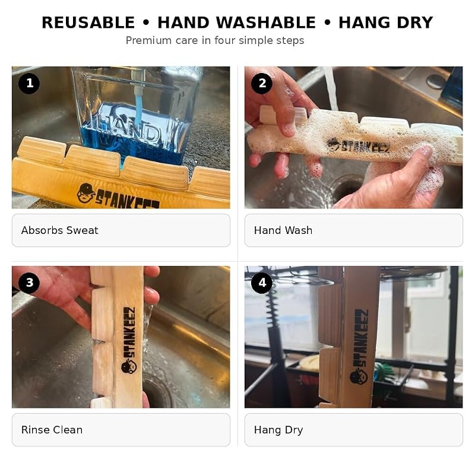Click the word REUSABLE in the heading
[x=88, y=23]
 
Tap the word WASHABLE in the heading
[x=266, y=23]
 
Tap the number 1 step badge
[x=29, y=83]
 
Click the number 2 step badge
[x=262, y=83]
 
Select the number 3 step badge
[x=29, y=283]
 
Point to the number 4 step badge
[x=262, y=283]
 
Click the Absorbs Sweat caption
[x=60, y=230]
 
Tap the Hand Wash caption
[x=283, y=230]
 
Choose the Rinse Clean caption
[x=52, y=430]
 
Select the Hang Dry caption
[x=278, y=430]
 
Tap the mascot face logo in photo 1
[x=85, y=192]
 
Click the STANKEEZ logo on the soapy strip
[x=359, y=145]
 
